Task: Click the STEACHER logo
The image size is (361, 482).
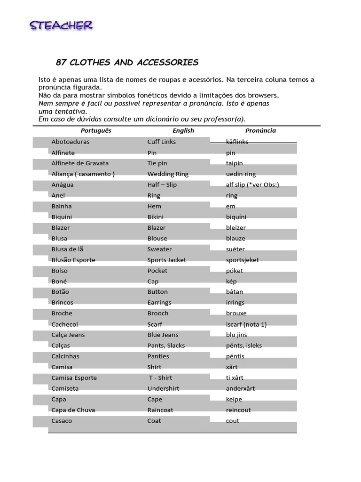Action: tap(61, 25)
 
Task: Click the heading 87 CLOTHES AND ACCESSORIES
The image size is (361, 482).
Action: tap(127, 63)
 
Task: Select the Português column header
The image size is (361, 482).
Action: tap(96, 131)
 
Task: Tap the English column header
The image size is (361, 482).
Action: tap(183, 131)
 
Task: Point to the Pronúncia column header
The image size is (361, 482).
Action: tap(260, 131)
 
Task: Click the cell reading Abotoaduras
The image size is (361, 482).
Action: tap(71, 142)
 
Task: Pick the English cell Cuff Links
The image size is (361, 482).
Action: tap(162, 142)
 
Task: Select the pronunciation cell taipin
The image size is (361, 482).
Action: tap(235, 163)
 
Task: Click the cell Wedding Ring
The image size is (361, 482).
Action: tap(168, 174)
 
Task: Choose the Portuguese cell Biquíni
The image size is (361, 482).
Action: tap(62, 217)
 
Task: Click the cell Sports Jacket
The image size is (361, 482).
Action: tap(167, 260)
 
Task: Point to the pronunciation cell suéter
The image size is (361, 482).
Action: tap(235, 249)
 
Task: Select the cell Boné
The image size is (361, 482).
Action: tap(59, 281)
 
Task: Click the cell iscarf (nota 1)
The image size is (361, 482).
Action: tap(246, 324)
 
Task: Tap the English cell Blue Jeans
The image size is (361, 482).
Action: tap(163, 335)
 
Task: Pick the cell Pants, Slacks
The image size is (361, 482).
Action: tap(166, 345)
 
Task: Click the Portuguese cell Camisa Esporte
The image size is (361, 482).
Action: tap(74, 378)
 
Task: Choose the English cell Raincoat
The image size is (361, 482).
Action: tap(160, 410)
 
